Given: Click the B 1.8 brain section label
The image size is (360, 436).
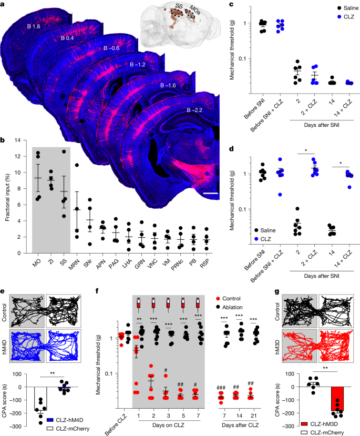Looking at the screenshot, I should pos(34,26).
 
